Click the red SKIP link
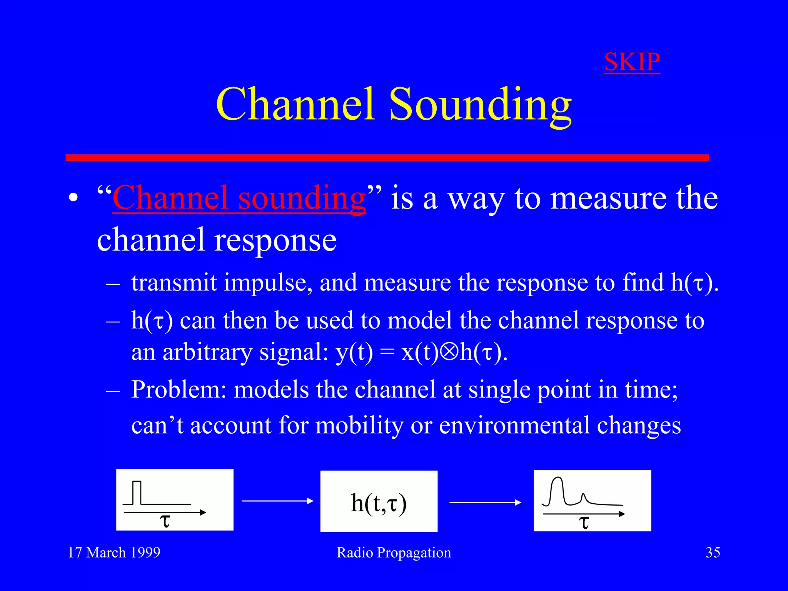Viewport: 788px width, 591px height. [x=632, y=62]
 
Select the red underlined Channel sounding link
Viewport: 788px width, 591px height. [x=239, y=199]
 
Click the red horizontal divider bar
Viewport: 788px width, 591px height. [x=387, y=157]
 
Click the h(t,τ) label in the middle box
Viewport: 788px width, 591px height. [x=379, y=503]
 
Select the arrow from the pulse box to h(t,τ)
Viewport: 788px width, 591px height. [x=277, y=501]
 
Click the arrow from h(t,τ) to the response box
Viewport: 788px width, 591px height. [x=485, y=502]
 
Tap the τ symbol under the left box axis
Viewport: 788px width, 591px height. [x=165, y=522]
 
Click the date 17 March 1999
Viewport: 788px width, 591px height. [x=114, y=553]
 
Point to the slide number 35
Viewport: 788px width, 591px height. [x=713, y=553]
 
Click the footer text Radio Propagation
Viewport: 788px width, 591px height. [x=394, y=553]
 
